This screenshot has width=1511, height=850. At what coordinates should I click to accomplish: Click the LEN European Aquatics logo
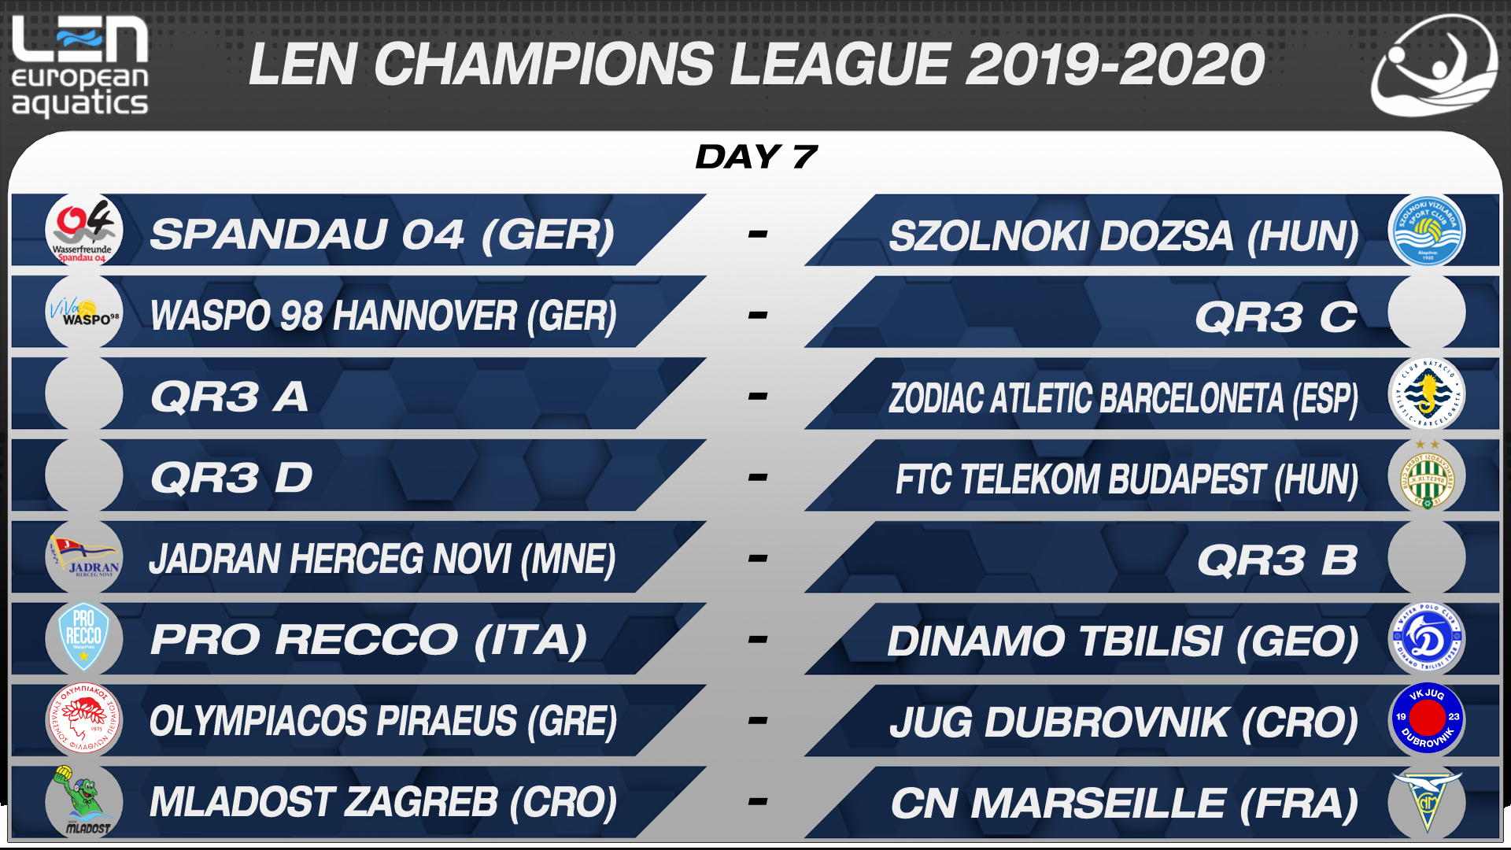(79, 66)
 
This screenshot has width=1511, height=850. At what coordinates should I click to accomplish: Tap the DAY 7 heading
(756, 157)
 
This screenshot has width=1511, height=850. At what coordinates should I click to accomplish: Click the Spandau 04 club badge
(84, 231)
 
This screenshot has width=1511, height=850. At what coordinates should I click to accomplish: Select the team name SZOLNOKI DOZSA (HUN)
(1124, 236)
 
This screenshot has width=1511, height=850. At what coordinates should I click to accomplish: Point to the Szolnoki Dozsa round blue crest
(1427, 231)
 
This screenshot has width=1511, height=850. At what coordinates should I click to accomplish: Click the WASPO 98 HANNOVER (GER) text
(383, 316)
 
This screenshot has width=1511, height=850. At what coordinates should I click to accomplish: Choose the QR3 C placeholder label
(1276, 317)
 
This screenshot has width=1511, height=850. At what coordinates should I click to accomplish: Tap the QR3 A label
(229, 397)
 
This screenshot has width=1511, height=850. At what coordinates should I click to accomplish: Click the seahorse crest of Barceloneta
(1427, 393)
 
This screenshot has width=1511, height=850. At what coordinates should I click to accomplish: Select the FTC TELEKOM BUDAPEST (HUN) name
(1127, 479)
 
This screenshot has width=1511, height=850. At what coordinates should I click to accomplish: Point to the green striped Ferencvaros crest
(1427, 475)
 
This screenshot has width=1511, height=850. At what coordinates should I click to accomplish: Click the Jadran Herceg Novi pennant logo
(84, 557)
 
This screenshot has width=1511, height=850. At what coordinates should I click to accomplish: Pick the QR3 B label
(1277, 560)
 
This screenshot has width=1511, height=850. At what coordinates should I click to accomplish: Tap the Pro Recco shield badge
(83, 637)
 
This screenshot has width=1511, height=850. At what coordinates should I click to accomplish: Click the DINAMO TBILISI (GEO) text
(1123, 641)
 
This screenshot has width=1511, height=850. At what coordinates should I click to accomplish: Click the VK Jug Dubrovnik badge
(1427, 718)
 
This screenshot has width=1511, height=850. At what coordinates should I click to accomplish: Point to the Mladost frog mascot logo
(84, 800)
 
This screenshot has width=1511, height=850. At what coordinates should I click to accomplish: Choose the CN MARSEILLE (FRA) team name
(1125, 804)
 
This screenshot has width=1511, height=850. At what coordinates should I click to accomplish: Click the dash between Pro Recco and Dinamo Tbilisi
(757, 639)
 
